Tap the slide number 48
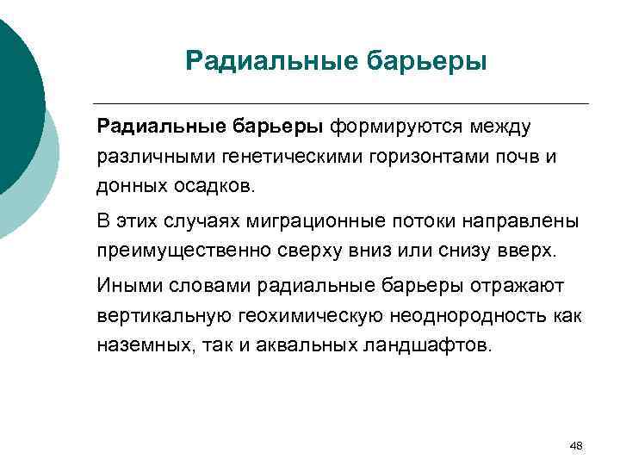click(x=576, y=445)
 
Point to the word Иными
click(x=126, y=286)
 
